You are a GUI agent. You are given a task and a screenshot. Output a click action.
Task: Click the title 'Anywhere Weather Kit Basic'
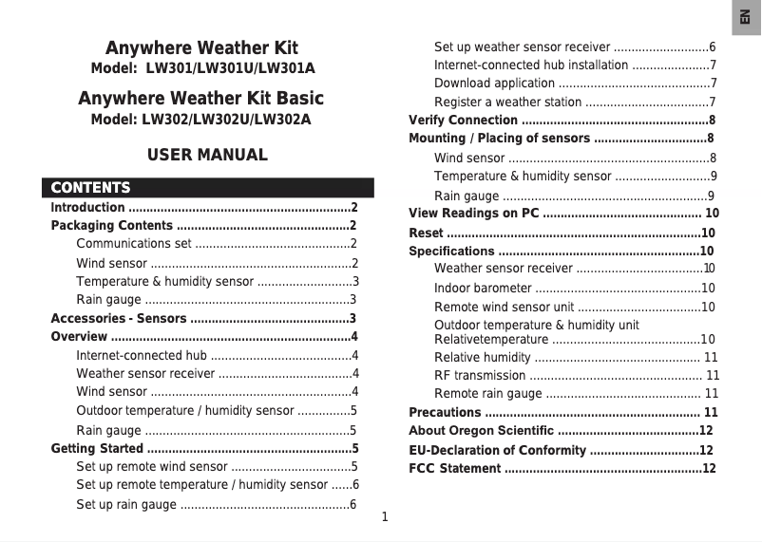coord(200,99)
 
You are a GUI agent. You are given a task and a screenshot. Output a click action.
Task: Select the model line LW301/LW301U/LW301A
coord(202,69)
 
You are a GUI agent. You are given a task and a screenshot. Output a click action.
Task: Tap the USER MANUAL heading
coord(207,155)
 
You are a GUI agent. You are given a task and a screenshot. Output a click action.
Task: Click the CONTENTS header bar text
coord(91,188)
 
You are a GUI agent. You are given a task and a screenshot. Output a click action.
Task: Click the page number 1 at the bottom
coord(385,517)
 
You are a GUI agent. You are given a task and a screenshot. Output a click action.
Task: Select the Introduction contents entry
coord(87,207)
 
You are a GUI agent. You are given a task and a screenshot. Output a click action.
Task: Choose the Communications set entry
coord(134,244)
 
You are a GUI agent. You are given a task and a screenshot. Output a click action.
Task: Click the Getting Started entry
coord(97,448)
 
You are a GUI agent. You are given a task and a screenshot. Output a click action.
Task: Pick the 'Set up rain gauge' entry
coord(125,504)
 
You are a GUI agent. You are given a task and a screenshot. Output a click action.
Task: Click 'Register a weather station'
coord(507,103)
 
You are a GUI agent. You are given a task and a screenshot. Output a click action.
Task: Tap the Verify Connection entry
coord(464,121)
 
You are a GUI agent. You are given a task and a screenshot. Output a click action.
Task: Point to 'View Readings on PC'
coord(473,213)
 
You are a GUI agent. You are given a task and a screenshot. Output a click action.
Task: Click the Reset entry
coord(426,233)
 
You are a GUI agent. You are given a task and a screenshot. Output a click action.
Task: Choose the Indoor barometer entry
coord(483,289)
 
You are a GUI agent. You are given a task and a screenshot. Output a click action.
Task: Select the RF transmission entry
coord(479,375)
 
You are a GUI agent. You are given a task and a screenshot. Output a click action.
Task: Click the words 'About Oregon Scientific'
coord(481,431)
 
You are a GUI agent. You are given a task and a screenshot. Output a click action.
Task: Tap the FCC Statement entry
coord(454,469)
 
